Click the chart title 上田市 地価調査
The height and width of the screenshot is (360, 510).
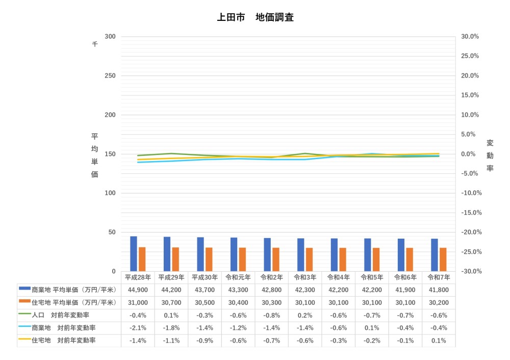[x=255, y=17]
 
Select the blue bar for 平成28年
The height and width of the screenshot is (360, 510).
[x=134, y=253]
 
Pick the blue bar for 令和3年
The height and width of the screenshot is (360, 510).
[x=301, y=254]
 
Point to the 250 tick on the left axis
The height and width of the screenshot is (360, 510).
[x=110, y=75]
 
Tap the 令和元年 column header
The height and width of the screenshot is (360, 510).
[x=238, y=278]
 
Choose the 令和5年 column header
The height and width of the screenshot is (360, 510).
[x=372, y=278]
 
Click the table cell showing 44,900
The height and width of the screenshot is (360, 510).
[x=138, y=290]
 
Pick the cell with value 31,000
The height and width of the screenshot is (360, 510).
[x=138, y=303]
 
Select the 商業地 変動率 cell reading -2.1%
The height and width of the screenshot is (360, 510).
[x=138, y=328]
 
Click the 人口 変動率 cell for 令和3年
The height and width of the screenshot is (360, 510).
[x=305, y=315]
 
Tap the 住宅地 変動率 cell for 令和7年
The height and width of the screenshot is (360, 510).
[x=439, y=341]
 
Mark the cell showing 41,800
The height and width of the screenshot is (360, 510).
[x=439, y=290]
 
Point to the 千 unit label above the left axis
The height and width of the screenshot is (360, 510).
[x=94, y=44]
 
